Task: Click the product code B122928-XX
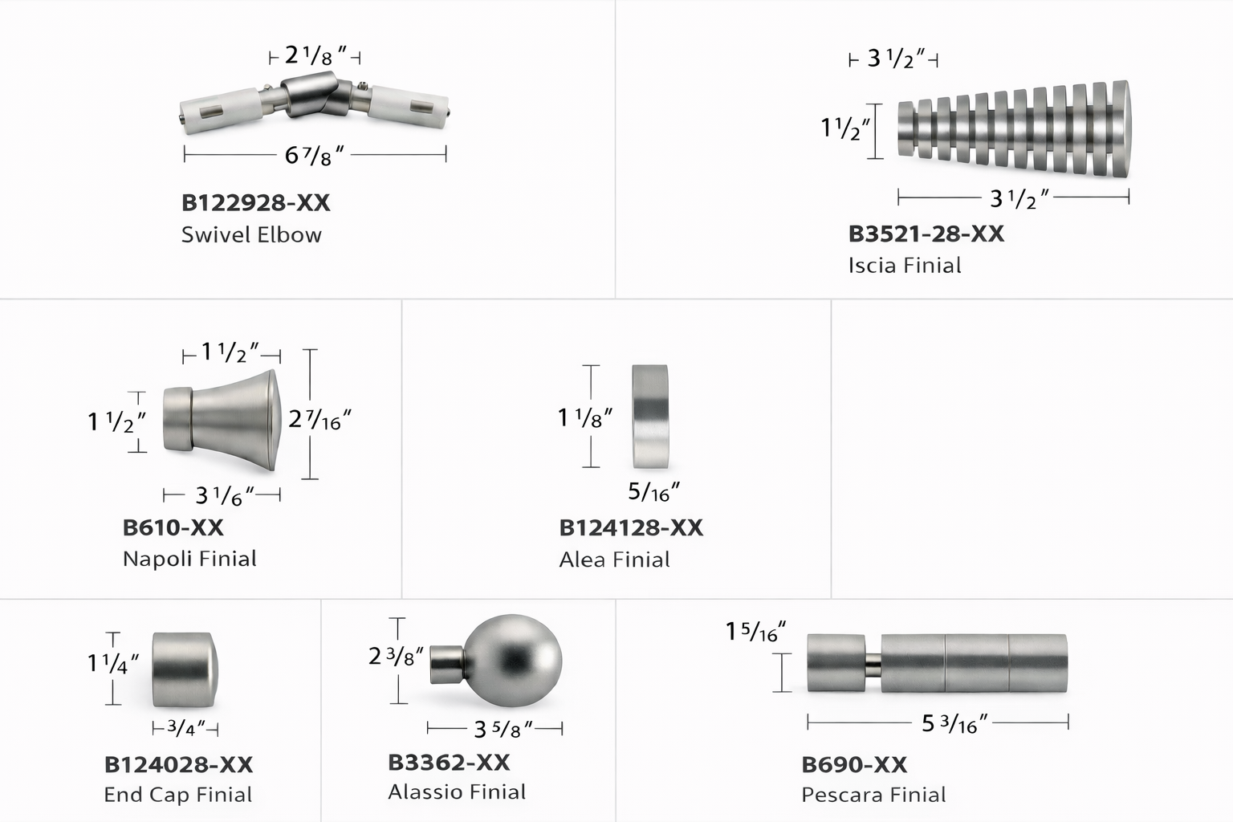[256, 203]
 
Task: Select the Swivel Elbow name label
[251, 235]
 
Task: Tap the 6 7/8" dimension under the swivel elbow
[315, 156]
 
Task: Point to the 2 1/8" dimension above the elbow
[315, 56]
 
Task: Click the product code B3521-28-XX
[926, 234]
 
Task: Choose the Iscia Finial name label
[905, 266]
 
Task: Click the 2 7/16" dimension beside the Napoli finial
[319, 421]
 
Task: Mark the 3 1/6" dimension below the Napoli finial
[225, 496]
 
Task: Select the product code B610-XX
[173, 528]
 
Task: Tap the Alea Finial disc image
[650, 417]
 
